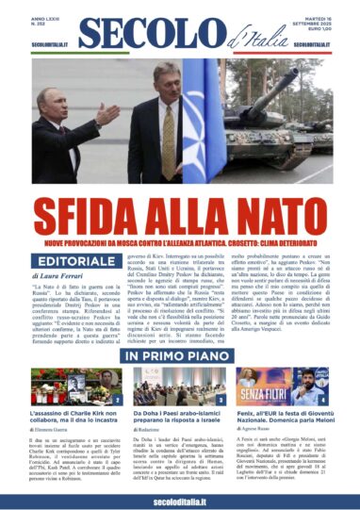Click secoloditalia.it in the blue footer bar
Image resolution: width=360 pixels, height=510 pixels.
click(179, 497)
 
